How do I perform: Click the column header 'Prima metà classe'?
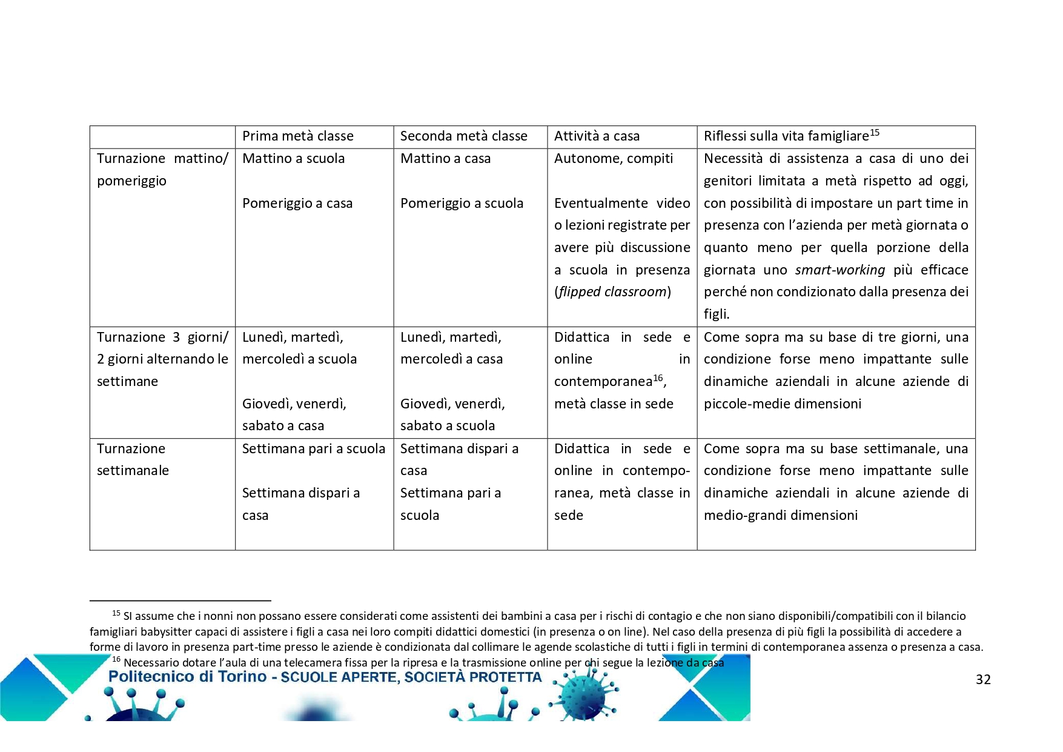pos(297,136)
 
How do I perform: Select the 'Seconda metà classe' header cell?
pos(463,136)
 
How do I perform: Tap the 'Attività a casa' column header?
pos(597,136)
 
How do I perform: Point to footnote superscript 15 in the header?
pos(875,133)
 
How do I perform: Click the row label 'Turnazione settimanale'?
pos(133,459)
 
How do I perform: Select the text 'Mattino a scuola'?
pos(293,159)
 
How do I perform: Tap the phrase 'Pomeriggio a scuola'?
pos(462,203)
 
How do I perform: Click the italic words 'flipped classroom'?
pos(612,292)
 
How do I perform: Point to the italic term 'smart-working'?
pos(839,270)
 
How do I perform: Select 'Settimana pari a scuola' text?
pos(313,449)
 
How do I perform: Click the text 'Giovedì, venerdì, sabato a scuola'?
pos(452,414)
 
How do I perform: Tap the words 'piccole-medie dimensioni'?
pos(782,404)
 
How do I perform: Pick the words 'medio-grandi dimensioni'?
pos(780,516)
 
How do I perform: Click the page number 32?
pos(983,680)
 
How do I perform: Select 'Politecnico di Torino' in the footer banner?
pos(187,677)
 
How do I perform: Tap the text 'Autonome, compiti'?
pos(613,159)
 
